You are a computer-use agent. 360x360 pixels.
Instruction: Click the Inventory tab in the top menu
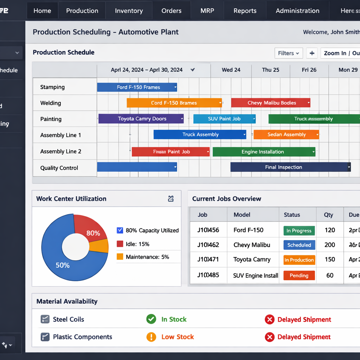[129, 11]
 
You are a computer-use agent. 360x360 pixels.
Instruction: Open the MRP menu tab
[207, 11]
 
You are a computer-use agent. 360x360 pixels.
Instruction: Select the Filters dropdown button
[288, 53]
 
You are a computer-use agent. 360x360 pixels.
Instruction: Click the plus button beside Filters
[312, 53]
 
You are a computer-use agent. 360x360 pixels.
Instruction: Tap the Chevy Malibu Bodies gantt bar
[271, 103]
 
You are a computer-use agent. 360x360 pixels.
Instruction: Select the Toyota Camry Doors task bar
[141, 118]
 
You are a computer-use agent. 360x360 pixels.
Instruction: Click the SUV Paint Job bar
[224, 118]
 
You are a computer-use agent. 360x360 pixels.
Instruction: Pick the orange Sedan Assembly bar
[286, 134]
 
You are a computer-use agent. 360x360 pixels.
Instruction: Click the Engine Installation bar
[264, 152]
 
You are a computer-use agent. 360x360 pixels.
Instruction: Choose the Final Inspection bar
[290, 167]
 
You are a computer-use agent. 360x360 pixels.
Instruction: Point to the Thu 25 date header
[270, 70]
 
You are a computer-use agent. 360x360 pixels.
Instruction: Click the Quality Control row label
[59, 168]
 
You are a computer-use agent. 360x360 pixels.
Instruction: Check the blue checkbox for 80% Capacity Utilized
[120, 230]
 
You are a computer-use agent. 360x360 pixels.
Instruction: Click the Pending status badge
[299, 275]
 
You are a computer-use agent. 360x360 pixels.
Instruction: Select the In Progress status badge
[299, 231]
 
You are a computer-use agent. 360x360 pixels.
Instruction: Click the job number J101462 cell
[208, 245]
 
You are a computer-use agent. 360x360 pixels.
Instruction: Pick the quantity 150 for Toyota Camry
[329, 259]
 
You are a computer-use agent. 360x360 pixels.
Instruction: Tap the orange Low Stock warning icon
[151, 337]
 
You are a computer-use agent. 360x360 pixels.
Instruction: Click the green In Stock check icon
[151, 319]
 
